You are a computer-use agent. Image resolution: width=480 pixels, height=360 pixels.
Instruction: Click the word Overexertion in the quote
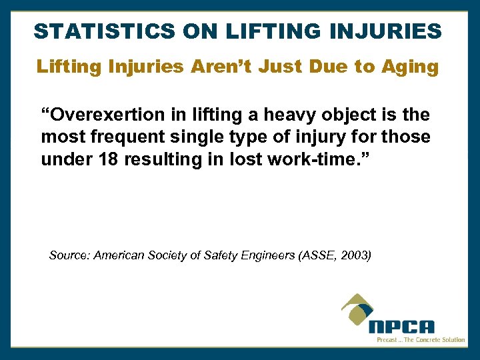click(x=93, y=116)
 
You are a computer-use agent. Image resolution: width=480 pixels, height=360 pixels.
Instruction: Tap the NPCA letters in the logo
click(x=401, y=327)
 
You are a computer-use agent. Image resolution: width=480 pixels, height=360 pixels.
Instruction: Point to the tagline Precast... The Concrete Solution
click(x=420, y=339)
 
